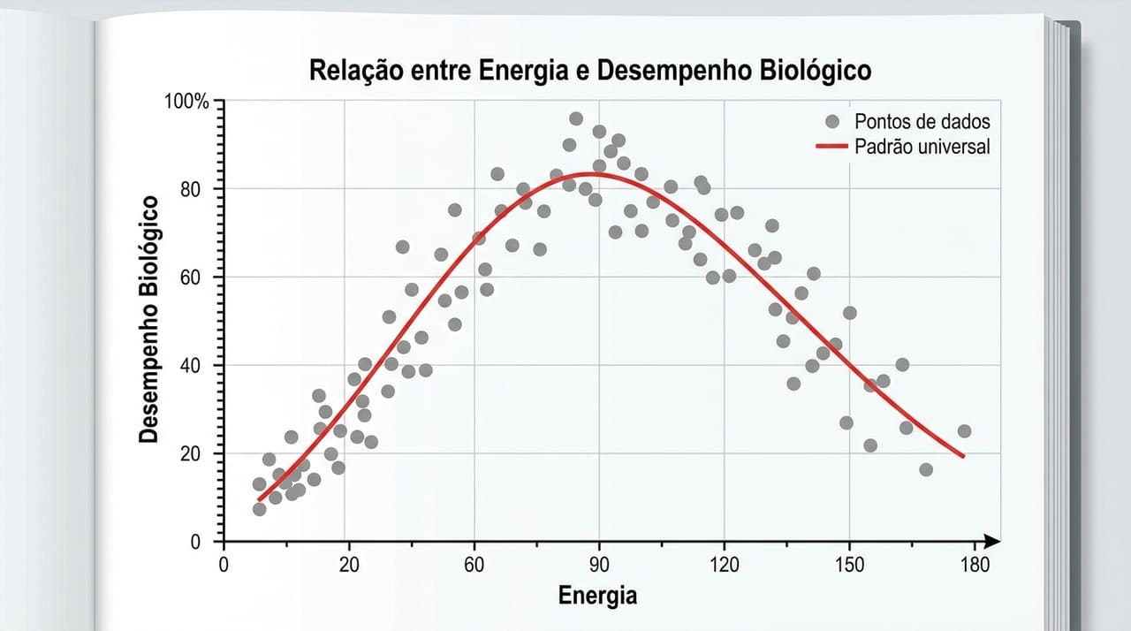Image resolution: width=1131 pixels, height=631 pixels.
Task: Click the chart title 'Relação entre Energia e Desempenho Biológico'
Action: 590,70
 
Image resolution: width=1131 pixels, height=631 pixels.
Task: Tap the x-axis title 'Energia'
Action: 597,595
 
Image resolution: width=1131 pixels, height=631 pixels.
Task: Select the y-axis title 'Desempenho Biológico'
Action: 150,319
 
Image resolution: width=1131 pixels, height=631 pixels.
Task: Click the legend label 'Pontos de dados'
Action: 922,122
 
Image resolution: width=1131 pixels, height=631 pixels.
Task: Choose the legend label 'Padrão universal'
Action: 922,147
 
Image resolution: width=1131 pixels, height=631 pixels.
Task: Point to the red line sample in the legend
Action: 831,147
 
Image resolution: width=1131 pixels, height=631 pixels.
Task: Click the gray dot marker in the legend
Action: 831,122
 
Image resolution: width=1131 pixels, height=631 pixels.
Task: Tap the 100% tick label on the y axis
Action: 186,102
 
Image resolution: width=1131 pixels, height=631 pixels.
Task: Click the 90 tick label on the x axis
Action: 599,566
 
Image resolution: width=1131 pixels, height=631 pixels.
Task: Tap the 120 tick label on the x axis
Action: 725,566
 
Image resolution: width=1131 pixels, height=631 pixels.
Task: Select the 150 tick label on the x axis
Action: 850,566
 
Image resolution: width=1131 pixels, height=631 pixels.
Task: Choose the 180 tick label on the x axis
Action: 975,566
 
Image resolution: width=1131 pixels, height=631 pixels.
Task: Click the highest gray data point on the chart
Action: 576,118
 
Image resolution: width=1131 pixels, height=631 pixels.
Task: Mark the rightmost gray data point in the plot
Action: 964,431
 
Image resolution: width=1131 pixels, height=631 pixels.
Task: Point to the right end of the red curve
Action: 963,457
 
